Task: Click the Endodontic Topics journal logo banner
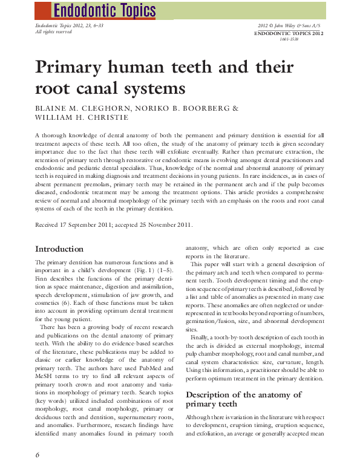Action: pyautogui.click(x=104, y=10)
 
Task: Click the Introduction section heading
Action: pyautogui.click(x=59, y=249)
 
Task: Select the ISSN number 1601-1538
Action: pyautogui.click(x=289, y=39)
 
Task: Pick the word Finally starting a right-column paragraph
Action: pyautogui.click(x=202, y=337)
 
